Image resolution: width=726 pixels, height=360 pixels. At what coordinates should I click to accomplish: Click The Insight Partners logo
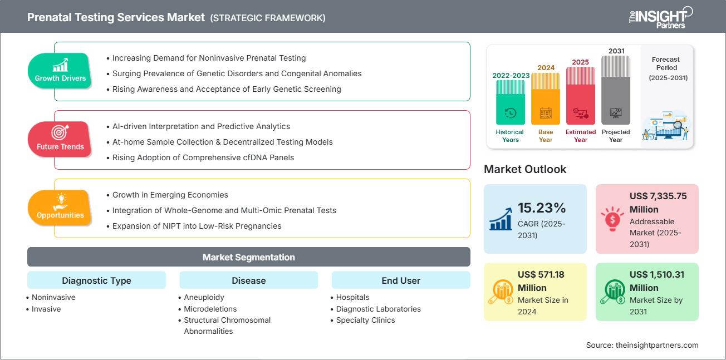coord(660,17)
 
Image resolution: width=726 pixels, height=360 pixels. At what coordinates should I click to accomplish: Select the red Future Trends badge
coord(60,140)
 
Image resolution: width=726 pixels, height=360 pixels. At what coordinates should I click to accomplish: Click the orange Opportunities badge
coord(60,208)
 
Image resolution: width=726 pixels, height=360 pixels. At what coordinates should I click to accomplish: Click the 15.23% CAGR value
coord(542,208)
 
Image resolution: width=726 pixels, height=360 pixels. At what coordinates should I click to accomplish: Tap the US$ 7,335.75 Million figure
coord(658,203)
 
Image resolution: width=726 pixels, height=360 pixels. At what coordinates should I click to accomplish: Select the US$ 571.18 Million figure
coord(541,281)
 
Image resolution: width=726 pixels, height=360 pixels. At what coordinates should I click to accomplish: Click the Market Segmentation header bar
coord(248,257)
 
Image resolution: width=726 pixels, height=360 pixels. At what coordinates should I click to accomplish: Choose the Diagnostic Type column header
coord(96,280)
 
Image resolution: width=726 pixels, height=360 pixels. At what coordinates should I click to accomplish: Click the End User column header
coord(401,280)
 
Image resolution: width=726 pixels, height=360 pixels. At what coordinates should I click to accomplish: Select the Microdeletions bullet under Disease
coord(210,309)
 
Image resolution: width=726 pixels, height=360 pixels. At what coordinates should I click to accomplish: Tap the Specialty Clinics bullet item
coord(365,320)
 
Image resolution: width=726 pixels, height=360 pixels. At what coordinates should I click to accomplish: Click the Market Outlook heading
coord(525,169)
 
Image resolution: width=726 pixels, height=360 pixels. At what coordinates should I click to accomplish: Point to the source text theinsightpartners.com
coord(642,345)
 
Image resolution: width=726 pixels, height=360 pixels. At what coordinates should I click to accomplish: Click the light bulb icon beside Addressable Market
coord(612,218)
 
